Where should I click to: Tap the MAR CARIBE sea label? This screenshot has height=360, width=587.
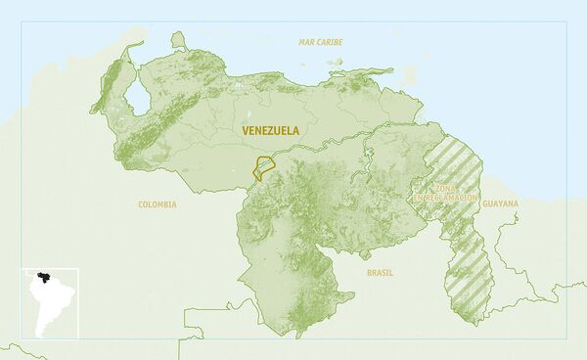tap(322, 42)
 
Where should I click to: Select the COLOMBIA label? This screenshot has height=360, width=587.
tap(157, 204)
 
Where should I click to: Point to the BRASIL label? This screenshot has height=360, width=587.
tap(380, 273)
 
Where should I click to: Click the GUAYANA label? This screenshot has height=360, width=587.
tap(500, 203)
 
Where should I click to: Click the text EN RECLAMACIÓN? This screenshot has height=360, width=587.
tap(445, 198)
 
